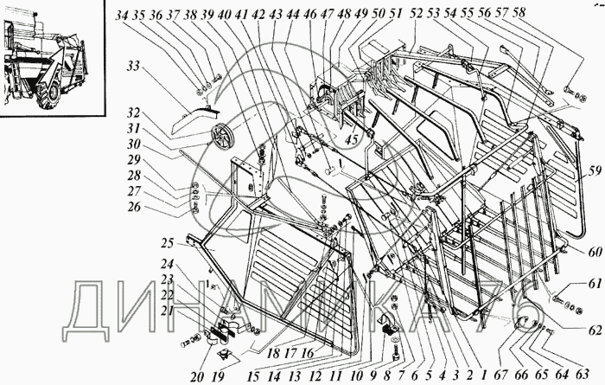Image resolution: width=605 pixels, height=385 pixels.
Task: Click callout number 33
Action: tap(133, 67)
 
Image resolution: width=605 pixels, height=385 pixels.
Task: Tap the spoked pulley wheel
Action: tap(220, 138)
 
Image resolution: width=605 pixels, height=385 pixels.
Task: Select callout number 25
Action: tap(168, 244)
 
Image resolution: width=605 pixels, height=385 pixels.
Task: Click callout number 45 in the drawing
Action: tap(352, 139)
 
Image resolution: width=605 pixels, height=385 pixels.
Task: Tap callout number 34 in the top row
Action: tap(122, 15)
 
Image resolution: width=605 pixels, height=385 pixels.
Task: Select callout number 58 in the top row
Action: tap(519, 12)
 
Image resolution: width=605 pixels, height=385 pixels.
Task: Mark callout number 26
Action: tap(133, 207)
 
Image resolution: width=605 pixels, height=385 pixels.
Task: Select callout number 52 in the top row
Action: tap(417, 14)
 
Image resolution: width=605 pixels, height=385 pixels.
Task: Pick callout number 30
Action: tap(133, 144)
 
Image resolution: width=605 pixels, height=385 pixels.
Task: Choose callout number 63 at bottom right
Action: tap(582, 375)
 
